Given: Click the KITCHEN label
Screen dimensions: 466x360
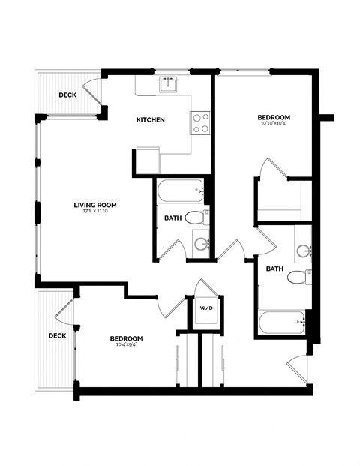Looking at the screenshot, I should tap(150, 120).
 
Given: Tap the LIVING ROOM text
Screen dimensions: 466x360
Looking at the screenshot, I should tap(94, 205).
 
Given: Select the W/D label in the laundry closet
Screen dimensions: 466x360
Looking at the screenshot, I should tap(205, 308).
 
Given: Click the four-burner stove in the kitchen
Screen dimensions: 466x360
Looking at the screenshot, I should tap(200, 122).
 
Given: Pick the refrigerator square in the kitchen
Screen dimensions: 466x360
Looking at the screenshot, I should tap(147, 161).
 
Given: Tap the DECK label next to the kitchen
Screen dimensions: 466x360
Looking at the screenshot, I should tap(67, 95).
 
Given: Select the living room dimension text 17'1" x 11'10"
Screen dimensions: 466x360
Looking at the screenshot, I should tap(94, 212).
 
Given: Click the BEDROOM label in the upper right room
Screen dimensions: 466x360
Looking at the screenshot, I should tap(273, 117).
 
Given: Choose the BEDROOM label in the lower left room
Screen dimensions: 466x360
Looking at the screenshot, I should tap(126, 338).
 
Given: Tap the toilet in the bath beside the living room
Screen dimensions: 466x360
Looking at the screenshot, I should tap(195, 218).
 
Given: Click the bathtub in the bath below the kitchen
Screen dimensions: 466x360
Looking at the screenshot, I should tap(181, 191).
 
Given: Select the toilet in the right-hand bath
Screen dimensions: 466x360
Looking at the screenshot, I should tap(299, 277).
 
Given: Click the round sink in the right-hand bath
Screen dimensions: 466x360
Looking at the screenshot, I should tap(303, 251).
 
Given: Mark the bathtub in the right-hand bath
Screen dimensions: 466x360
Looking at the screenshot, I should tap(281, 323).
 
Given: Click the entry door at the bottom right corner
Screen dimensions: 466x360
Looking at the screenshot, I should tap(297, 368).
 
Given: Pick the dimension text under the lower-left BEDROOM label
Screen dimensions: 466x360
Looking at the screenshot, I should tap(126, 345).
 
